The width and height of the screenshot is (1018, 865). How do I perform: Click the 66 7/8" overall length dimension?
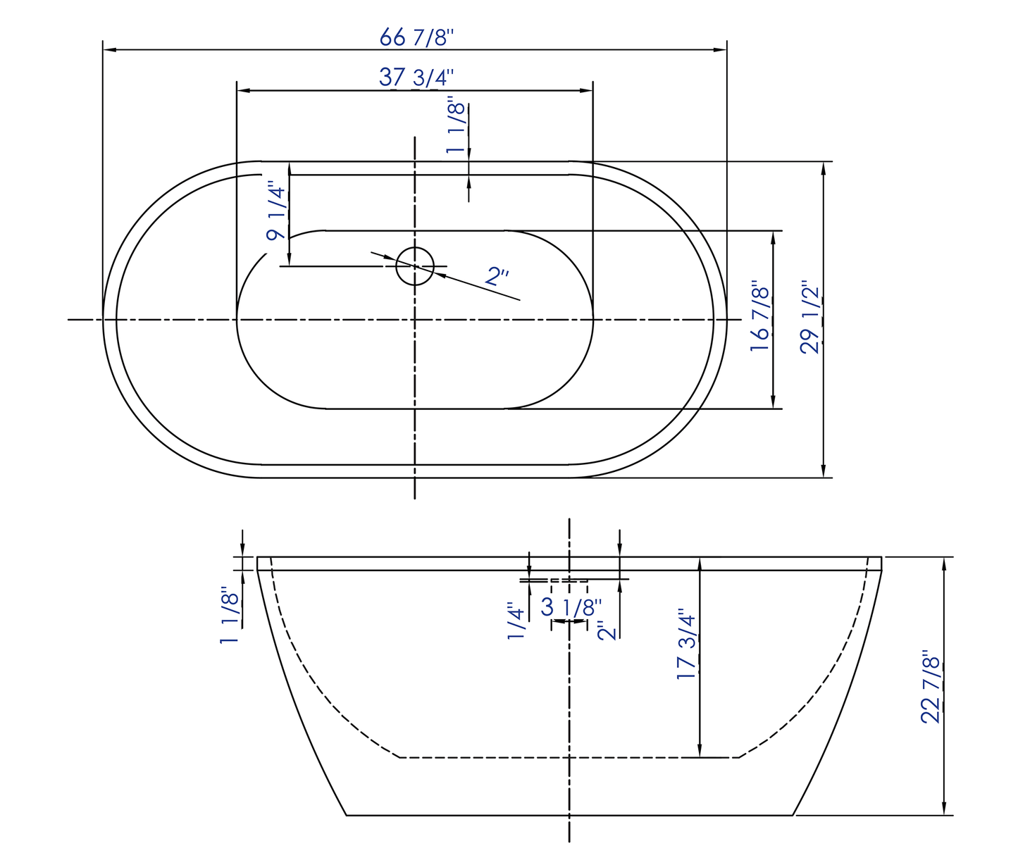(414, 37)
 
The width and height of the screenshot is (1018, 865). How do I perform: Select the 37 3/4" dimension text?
(414, 77)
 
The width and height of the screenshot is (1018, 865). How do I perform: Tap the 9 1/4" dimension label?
(276, 213)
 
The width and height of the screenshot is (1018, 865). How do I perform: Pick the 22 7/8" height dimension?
(931, 689)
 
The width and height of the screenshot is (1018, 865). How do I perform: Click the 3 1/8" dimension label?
(571, 607)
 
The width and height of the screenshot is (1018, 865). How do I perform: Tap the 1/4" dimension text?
(516, 621)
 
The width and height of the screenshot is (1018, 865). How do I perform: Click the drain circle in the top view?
(415, 266)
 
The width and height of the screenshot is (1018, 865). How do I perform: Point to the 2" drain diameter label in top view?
(497, 275)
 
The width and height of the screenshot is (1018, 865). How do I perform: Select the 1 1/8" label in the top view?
(457, 127)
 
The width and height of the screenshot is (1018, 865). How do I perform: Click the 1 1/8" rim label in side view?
(230, 614)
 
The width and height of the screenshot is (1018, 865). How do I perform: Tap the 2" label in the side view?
(607, 629)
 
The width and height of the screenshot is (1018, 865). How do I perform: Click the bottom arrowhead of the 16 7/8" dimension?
(774, 402)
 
